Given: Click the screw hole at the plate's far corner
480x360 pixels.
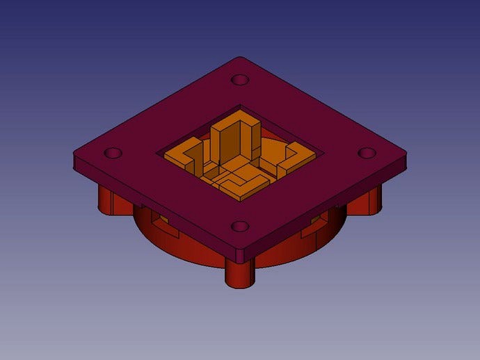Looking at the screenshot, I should pyautogui.click(x=240, y=80).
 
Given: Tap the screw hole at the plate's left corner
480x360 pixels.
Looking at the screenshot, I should pyautogui.click(x=113, y=153).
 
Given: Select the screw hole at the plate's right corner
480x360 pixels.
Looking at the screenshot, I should pyautogui.click(x=367, y=153).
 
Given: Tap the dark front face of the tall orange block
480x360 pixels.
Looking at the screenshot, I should pyautogui.click(x=230, y=149).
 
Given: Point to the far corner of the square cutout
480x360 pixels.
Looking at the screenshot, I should pyautogui.click(x=240, y=106).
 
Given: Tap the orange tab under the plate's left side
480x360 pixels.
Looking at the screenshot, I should pyautogui.click(x=160, y=224).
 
